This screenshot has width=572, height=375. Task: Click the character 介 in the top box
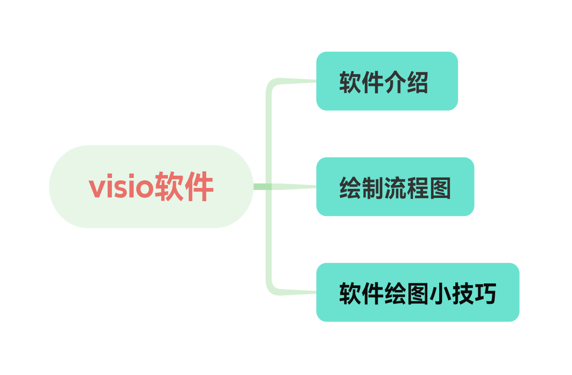point(395,83)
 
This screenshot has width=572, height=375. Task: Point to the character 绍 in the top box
point(417,83)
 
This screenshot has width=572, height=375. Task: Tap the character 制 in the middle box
point(373,188)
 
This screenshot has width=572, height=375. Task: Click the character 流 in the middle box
point(395,188)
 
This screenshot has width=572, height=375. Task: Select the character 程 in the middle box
point(417,188)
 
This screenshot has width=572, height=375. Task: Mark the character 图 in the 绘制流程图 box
point(440,188)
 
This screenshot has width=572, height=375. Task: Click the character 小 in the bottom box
point(439,294)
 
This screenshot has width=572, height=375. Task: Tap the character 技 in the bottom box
point(462,294)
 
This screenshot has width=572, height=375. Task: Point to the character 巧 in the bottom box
point(484,294)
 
